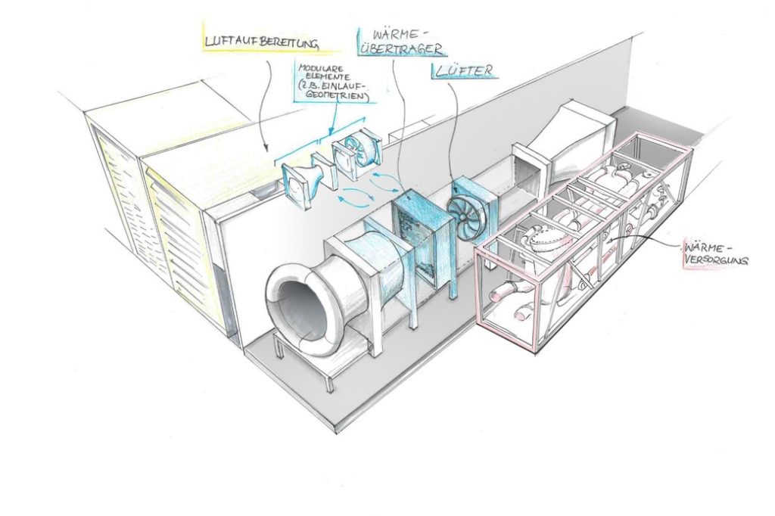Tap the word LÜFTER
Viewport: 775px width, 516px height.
click(x=463, y=71)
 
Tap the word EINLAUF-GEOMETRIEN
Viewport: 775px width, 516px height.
click(x=337, y=95)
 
